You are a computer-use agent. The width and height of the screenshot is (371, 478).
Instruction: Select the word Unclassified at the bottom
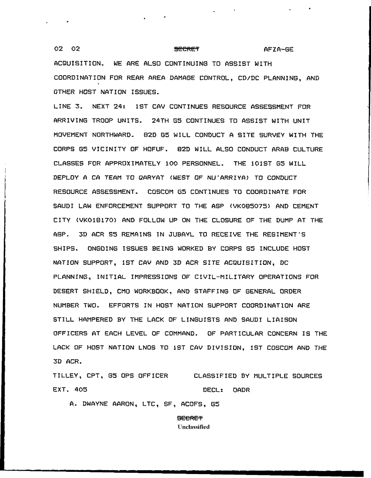pyautogui.click(x=193, y=427)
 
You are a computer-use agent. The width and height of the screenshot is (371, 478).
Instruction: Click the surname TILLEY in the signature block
pyautogui.click(x=65, y=376)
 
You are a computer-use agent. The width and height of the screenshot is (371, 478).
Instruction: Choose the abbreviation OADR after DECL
pyautogui.click(x=241, y=390)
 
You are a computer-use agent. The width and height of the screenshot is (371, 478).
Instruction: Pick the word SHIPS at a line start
pyautogui.click(x=65, y=249)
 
